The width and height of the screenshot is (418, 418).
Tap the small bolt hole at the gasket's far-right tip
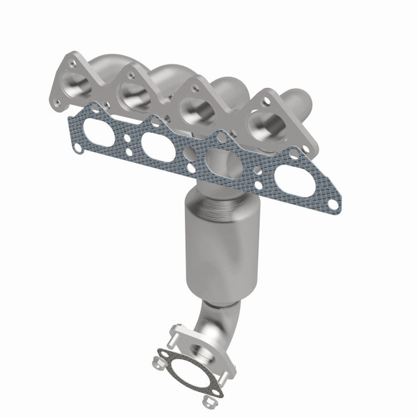pos(333,204)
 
